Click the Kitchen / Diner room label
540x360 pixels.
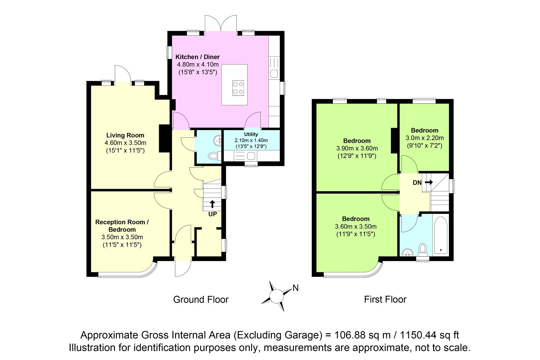click(x=197, y=57)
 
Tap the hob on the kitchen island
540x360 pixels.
click(x=238, y=88)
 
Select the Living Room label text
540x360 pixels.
click(x=125, y=135)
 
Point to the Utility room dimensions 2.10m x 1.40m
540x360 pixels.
click(x=251, y=140)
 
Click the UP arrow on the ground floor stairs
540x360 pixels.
click(x=212, y=204)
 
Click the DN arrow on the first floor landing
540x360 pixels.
click(x=429, y=182)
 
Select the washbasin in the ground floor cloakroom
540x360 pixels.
click(x=218, y=140)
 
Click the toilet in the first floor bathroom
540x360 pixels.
click(x=422, y=250)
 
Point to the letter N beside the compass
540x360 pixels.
click(x=296, y=288)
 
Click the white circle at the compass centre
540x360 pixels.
click(x=276, y=296)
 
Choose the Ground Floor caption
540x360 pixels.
click(x=201, y=300)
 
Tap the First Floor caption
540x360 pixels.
click(x=385, y=300)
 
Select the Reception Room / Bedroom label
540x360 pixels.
click(x=122, y=226)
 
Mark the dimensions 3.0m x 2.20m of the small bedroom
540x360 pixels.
click(x=425, y=138)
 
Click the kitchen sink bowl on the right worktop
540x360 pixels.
click(x=274, y=74)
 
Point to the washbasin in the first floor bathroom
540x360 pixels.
click(x=408, y=253)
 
